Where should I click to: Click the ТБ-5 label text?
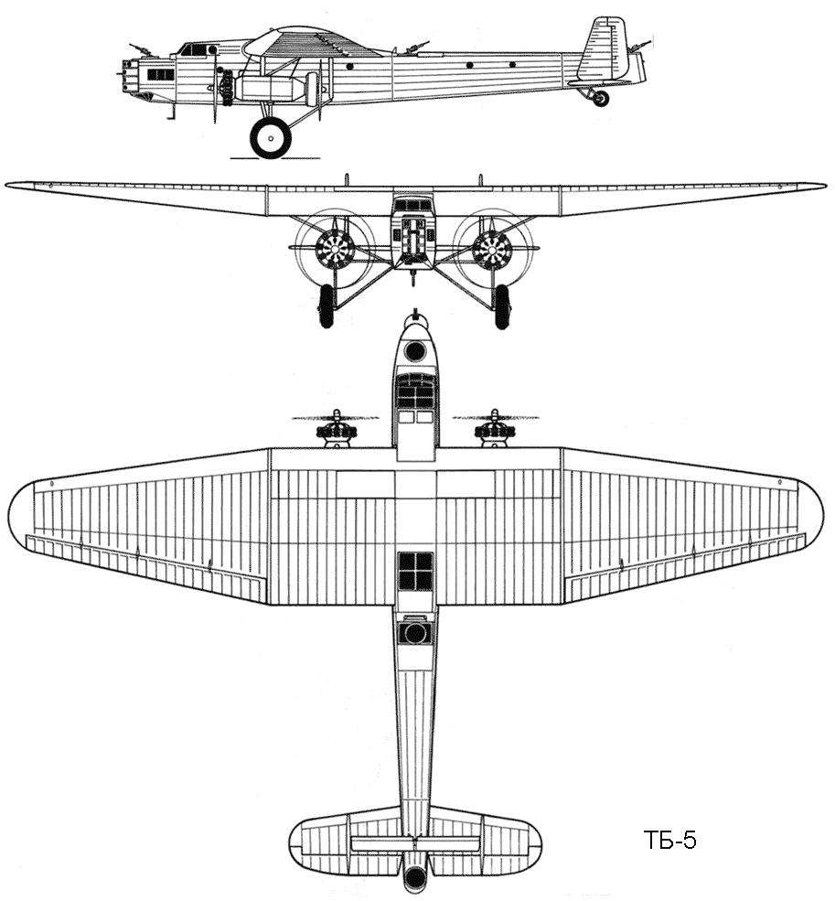(x=669, y=841)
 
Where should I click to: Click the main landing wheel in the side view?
(x=270, y=138)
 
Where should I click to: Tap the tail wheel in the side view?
(x=601, y=98)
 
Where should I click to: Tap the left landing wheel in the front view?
(x=326, y=306)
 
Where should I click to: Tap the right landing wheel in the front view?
(x=502, y=306)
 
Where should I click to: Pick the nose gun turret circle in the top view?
(x=415, y=349)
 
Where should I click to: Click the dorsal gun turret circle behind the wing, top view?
(x=415, y=634)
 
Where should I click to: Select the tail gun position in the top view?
(x=415, y=878)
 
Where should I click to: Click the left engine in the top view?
(x=336, y=428)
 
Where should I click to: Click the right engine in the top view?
(x=495, y=428)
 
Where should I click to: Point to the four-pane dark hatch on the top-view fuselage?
(x=415, y=571)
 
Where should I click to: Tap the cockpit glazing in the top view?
(x=415, y=391)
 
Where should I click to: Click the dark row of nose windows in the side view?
(x=161, y=75)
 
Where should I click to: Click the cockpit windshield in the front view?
(x=412, y=204)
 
